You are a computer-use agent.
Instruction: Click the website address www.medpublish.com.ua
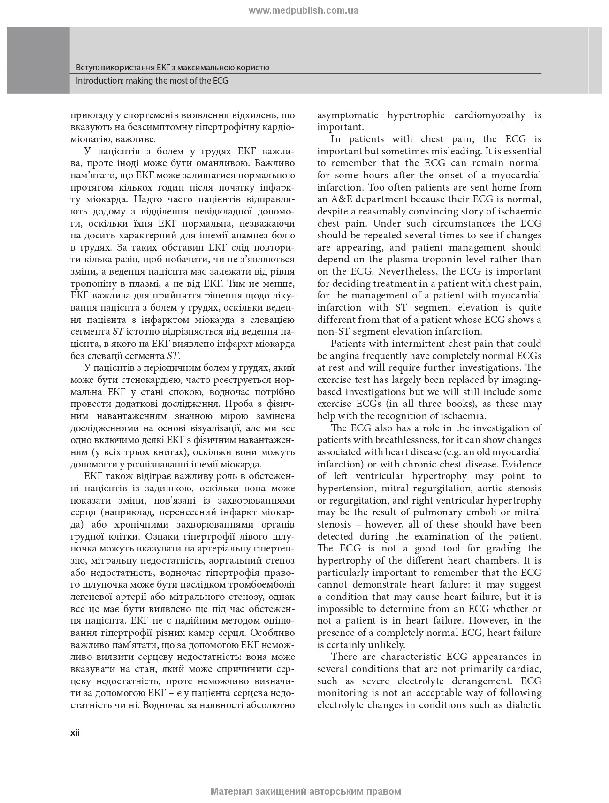(x=304, y=11)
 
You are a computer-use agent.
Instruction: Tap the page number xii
(x=75, y=733)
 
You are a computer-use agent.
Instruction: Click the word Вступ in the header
(x=86, y=68)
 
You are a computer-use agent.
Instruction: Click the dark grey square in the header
(x=38, y=60)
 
